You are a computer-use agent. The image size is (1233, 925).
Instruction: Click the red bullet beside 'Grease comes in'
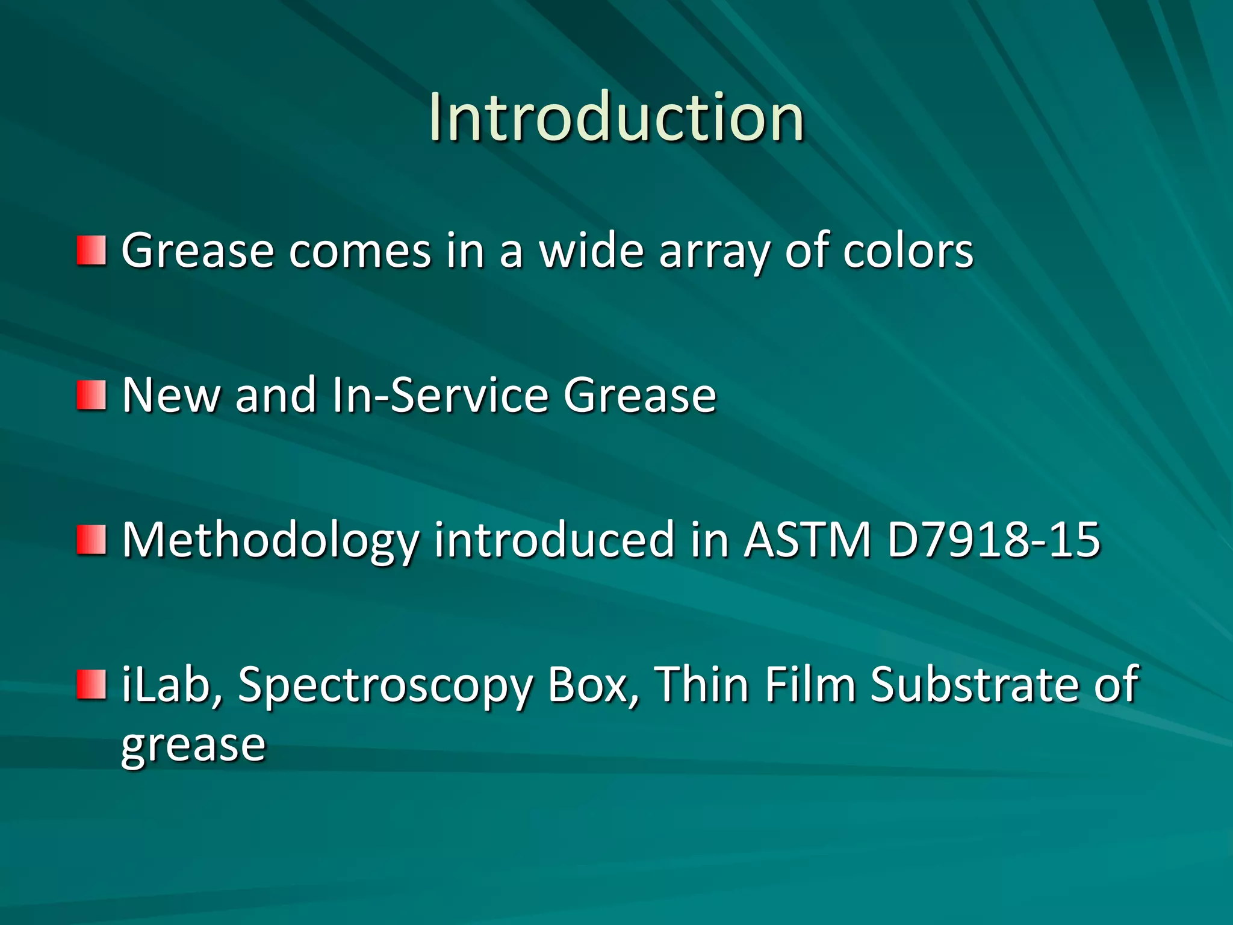coord(92,251)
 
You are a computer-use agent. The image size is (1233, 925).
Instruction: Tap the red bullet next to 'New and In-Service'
coord(92,395)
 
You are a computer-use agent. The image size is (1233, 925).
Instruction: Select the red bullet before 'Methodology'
coord(92,540)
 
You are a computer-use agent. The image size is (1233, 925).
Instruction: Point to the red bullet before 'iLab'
coord(92,685)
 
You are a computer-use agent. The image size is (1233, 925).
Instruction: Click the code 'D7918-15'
coord(993,540)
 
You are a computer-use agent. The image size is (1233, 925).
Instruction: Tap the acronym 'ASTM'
coord(808,540)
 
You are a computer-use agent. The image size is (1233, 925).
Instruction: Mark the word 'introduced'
coord(554,540)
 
